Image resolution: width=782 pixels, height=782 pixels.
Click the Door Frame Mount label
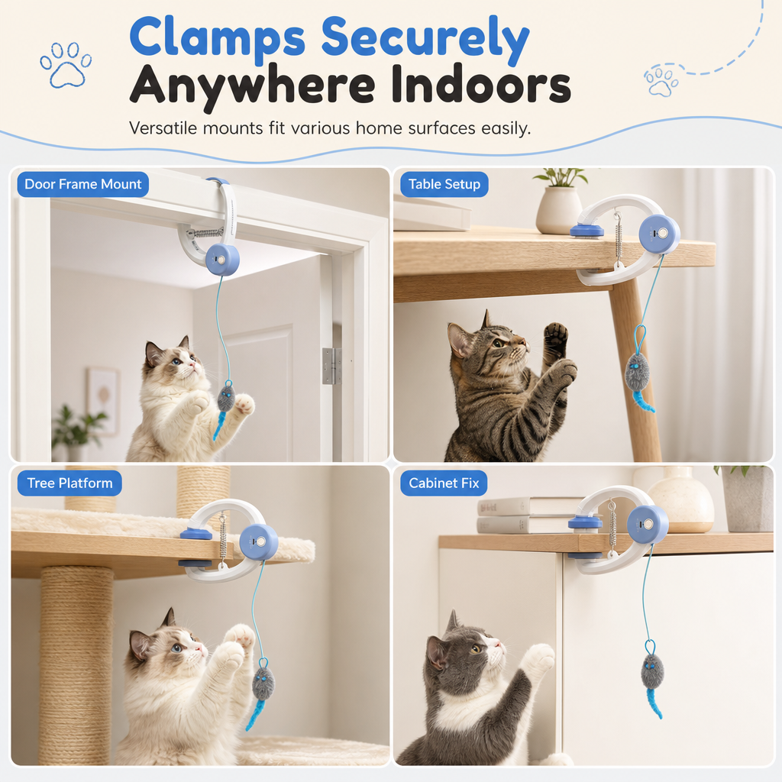click(x=82, y=184)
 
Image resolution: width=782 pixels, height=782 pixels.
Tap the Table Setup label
click(x=444, y=184)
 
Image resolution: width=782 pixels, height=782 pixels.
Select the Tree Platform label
click(x=69, y=483)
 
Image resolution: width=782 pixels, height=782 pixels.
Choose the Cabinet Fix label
click(x=444, y=483)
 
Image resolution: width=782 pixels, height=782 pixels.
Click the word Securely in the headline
click(x=425, y=38)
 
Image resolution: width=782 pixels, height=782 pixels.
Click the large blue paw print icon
click(x=66, y=65)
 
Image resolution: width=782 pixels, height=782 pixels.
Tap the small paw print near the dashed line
click(x=661, y=81)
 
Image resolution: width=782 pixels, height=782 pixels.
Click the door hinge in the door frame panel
click(x=331, y=366)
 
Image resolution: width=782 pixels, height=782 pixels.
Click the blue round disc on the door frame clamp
click(x=222, y=259)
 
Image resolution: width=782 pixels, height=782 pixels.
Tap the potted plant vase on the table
click(x=559, y=210)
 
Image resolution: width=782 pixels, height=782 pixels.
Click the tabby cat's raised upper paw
click(x=556, y=340)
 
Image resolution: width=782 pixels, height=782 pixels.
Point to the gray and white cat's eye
click(x=475, y=648)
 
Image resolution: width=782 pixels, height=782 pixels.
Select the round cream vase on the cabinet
click(x=680, y=499)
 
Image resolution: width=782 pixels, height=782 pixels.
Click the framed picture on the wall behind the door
click(x=103, y=402)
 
